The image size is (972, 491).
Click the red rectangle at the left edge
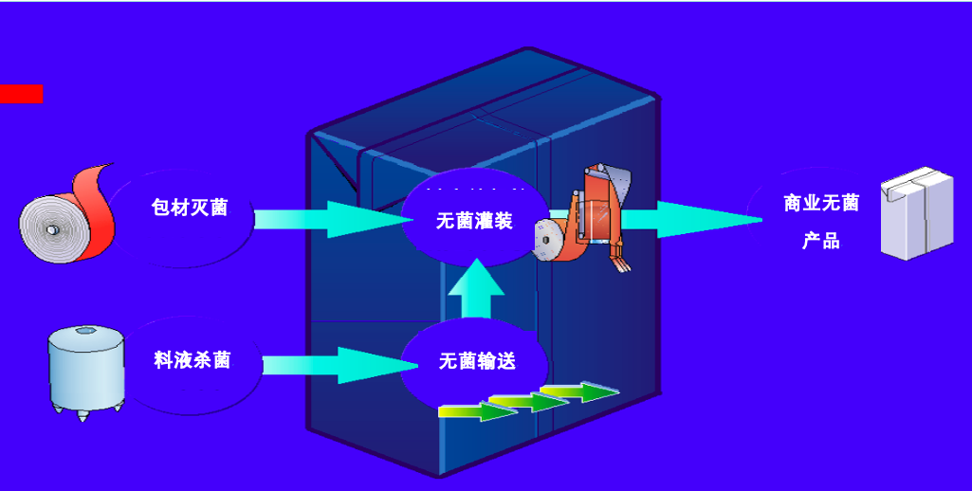(x=21, y=94)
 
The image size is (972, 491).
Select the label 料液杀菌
(x=193, y=360)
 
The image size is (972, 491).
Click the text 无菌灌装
(x=474, y=221)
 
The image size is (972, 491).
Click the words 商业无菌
(x=821, y=203)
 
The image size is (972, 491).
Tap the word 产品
(x=821, y=241)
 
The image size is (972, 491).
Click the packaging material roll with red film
(x=66, y=217)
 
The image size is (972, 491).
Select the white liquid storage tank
(x=85, y=370)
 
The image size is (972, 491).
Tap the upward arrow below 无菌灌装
(x=476, y=289)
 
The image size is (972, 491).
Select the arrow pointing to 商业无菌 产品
(x=692, y=219)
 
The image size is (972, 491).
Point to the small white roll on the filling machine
(x=549, y=240)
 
